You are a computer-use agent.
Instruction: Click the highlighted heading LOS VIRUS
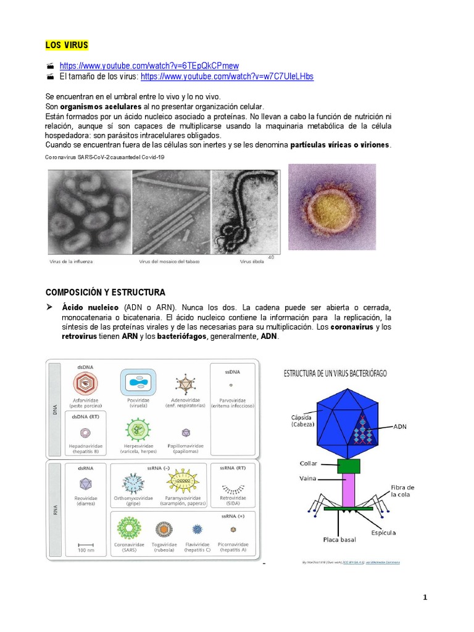(x=67, y=45)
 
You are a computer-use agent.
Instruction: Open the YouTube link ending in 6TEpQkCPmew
(x=149, y=65)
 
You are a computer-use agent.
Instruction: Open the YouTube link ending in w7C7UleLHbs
(x=227, y=77)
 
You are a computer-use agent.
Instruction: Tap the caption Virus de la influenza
(x=71, y=262)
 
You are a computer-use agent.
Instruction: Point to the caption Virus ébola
(x=252, y=262)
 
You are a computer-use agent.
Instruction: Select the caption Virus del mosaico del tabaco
(x=166, y=262)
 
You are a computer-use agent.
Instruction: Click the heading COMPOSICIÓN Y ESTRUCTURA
(x=106, y=292)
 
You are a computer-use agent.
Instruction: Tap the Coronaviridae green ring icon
(x=130, y=528)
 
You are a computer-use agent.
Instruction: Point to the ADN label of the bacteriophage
(x=399, y=426)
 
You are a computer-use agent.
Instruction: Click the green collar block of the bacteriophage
(x=349, y=466)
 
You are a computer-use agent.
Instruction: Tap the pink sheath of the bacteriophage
(x=349, y=490)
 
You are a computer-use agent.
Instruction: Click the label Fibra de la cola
(x=402, y=491)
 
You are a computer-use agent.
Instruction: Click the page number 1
(x=425, y=597)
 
